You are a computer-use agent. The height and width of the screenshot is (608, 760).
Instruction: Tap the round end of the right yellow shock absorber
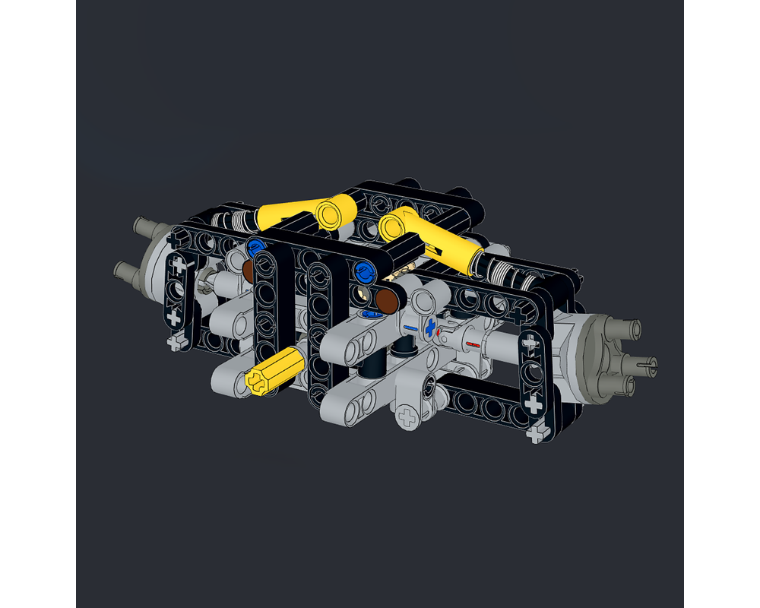click(393, 224)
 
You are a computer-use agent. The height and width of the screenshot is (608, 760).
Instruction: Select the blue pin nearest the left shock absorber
click(255, 245)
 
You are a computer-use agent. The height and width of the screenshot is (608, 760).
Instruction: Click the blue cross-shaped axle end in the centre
click(431, 328)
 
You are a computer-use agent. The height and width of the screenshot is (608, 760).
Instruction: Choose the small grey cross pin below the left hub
click(179, 343)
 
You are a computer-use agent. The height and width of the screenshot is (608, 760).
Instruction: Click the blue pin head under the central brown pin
click(372, 313)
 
